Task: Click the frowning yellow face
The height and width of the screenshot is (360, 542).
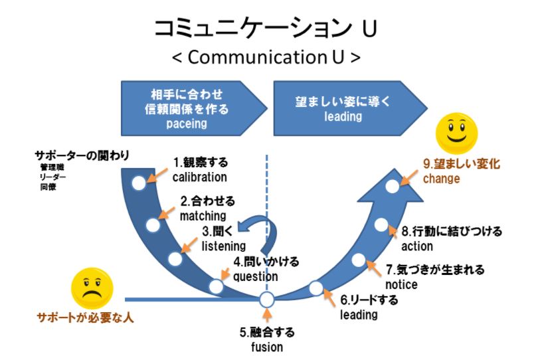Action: click(x=92, y=288)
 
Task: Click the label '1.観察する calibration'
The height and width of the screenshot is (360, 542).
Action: click(x=199, y=169)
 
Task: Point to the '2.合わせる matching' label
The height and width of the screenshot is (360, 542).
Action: click(x=207, y=207)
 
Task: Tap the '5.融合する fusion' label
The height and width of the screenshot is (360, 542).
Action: click(x=266, y=339)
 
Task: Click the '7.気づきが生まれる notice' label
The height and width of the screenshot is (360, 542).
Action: click(x=434, y=277)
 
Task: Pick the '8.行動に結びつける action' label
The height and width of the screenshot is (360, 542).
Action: click(x=451, y=238)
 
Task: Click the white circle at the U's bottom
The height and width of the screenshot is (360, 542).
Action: click(x=266, y=300)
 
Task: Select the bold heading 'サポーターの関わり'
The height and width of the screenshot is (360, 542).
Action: click(x=81, y=156)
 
